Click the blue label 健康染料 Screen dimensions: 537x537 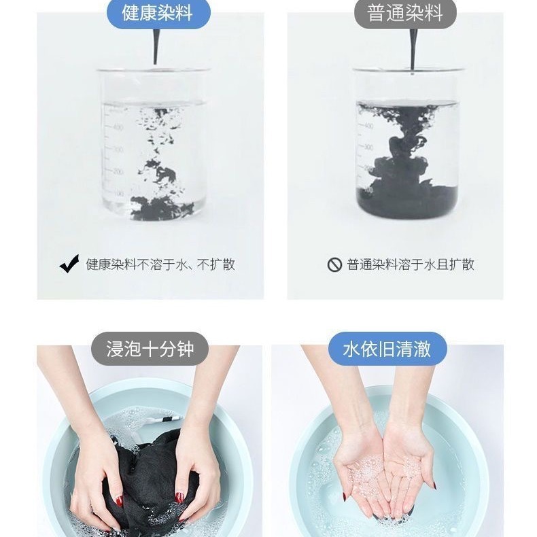(158, 13)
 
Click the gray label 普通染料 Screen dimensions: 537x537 (405, 13)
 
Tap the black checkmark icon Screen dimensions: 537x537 (69, 264)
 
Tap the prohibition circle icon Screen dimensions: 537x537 (334, 264)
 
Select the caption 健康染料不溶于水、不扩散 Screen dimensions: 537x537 (160, 264)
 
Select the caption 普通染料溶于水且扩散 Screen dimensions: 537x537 (411, 264)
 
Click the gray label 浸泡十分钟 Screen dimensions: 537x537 (150, 349)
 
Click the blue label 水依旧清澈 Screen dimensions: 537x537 (387, 349)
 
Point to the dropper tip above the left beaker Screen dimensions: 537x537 (156, 63)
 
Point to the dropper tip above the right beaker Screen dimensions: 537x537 (413, 72)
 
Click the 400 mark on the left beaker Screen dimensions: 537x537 (118, 127)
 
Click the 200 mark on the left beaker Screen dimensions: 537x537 (118, 171)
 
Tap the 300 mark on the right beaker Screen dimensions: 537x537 (368, 148)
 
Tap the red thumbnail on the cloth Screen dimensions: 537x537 (119, 501)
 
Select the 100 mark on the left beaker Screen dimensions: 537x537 (119, 194)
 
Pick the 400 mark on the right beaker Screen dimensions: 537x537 (368, 126)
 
